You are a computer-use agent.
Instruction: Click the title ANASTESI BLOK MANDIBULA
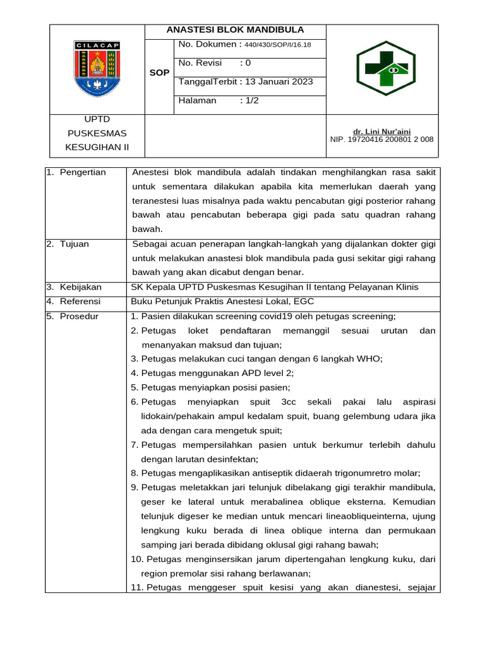coord(235,30)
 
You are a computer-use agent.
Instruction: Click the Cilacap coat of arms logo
coord(97,69)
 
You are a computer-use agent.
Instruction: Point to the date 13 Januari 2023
coord(278,82)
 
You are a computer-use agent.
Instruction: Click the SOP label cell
coord(159,73)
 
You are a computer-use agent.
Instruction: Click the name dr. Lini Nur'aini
coord(381,131)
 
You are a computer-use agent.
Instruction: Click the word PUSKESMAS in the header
coord(97,133)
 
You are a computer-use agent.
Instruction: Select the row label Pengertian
coord(83,173)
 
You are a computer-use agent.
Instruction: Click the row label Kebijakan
coord(81,288)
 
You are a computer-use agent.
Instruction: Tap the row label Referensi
coord(81,302)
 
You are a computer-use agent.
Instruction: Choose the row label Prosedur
coord(79,317)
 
